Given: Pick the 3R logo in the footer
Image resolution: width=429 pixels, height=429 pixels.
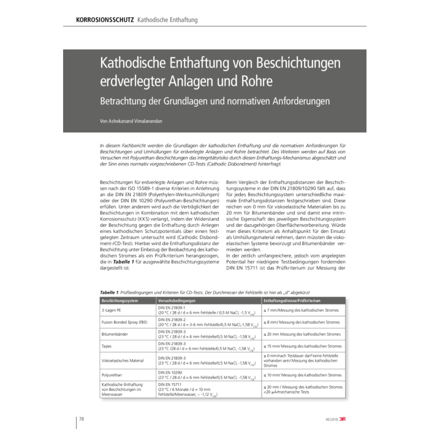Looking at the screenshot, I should coord(344,419).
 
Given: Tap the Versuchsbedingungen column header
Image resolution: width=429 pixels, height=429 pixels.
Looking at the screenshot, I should coord(177,301).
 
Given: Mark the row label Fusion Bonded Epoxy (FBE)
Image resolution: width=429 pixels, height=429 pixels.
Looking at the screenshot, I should coord(124,322).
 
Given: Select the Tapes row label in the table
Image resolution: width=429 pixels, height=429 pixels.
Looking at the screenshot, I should coord(107,346).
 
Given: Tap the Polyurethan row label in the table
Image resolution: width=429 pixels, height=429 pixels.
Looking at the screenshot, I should coord(112,374).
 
